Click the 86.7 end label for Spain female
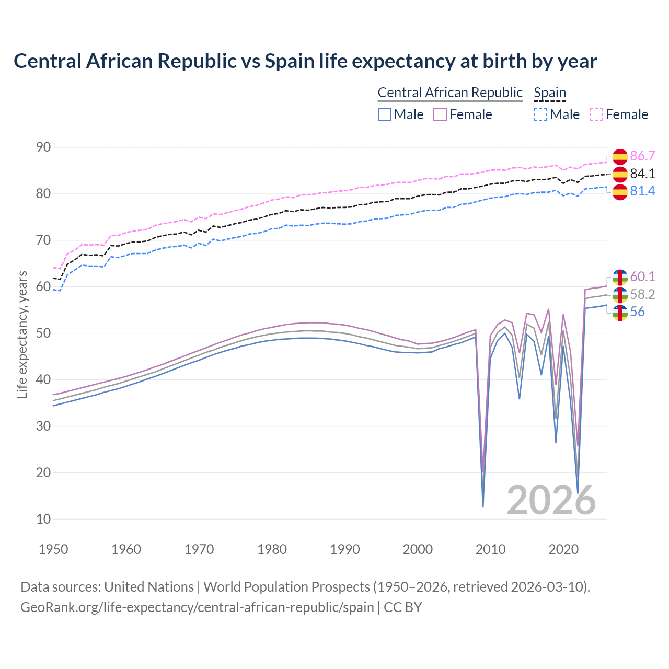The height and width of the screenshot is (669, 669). pyautogui.click(x=642, y=156)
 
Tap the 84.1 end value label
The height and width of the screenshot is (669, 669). pyautogui.click(x=642, y=174)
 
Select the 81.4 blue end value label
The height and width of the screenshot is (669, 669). pyautogui.click(x=642, y=191)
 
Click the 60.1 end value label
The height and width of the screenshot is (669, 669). pyautogui.click(x=642, y=276)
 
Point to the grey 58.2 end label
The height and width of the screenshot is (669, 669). pyautogui.click(x=642, y=294)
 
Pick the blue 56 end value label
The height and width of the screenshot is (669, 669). pyautogui.click(x=637, y=312)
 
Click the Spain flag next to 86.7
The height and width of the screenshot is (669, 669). pyautogui.click(x=620, y=156)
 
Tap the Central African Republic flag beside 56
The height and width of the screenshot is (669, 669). pyautogui.click(x=620, y=313)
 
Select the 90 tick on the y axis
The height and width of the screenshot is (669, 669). pyautogui.click(x=43, y=147)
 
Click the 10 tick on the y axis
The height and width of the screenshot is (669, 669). pyautogui.click(x=43, y=519)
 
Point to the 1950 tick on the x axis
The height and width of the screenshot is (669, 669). pyautogui.click(x=53, y=549)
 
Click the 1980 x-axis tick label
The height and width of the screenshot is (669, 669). pyautogui.click(x=272, y=549)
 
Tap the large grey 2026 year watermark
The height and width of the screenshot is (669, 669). pyautogui.click(x=551, y=500)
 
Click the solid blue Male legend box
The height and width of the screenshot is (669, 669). pyautogui.click(x=385, y=114)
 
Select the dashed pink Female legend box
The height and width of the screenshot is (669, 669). pyautogui.click(x=596, y=114)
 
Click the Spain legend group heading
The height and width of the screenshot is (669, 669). pyautogui.click(x=550, y=93)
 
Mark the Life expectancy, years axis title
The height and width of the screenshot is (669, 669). pyautogui.click(x=22, y=334)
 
